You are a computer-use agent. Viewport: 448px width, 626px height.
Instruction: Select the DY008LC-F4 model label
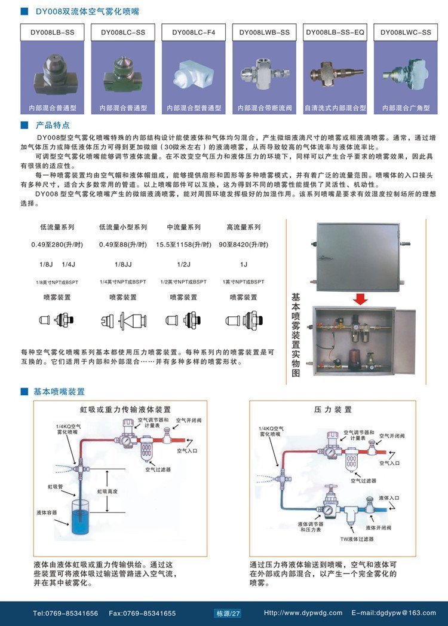click(194, 32)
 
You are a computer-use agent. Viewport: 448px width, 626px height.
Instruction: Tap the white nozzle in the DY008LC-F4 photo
click(193, 75)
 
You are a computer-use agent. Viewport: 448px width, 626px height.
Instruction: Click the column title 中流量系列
click(183, 227)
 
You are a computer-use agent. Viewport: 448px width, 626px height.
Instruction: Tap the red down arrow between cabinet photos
click(360, 298)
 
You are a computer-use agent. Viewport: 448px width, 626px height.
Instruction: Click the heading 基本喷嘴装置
click(59, 392)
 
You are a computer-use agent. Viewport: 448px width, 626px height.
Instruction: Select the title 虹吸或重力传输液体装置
click(125, 410)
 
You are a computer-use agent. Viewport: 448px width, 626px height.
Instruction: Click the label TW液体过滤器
click(357, 539)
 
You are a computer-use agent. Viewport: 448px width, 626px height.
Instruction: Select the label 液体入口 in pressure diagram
click(389, 497)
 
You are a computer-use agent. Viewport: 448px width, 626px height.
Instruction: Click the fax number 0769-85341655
click(143, 613)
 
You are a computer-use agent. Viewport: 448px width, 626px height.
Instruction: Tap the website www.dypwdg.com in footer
click(303, 613)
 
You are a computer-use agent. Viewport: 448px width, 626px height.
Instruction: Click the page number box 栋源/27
click(228, 613)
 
